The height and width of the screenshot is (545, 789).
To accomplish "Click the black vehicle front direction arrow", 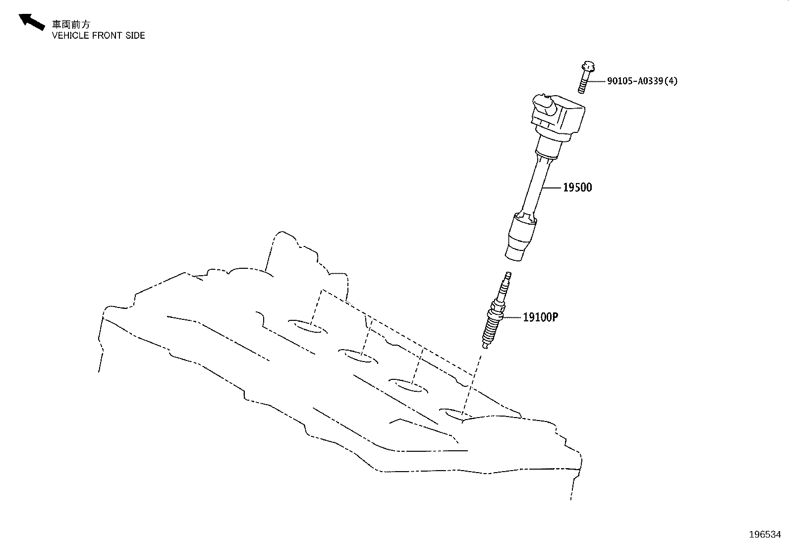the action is click(x=31, y=21).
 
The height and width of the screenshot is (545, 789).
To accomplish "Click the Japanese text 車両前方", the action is click(x=71, y=24).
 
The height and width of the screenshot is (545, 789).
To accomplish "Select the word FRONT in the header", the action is click(x=105, y=36).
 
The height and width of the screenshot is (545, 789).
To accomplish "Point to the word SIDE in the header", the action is click(x=135, y=36).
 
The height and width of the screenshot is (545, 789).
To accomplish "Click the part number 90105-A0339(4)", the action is click(x=642, y=81).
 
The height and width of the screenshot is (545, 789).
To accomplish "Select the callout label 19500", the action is click(x=577, y=187).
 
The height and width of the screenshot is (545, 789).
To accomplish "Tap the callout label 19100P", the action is click(x=540, y=317).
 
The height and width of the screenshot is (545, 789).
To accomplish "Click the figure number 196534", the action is click(x=765, y=535).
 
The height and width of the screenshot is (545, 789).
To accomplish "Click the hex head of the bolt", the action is click(x=587, y=66).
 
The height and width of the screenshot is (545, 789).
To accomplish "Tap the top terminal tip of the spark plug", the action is click(x=508, y=274).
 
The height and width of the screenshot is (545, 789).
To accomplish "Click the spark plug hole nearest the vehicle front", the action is click(x=307, y=326).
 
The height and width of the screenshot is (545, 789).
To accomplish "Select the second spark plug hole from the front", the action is click(x=358, y=357).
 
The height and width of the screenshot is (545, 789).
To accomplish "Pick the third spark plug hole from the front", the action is click(x=408, y=386).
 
